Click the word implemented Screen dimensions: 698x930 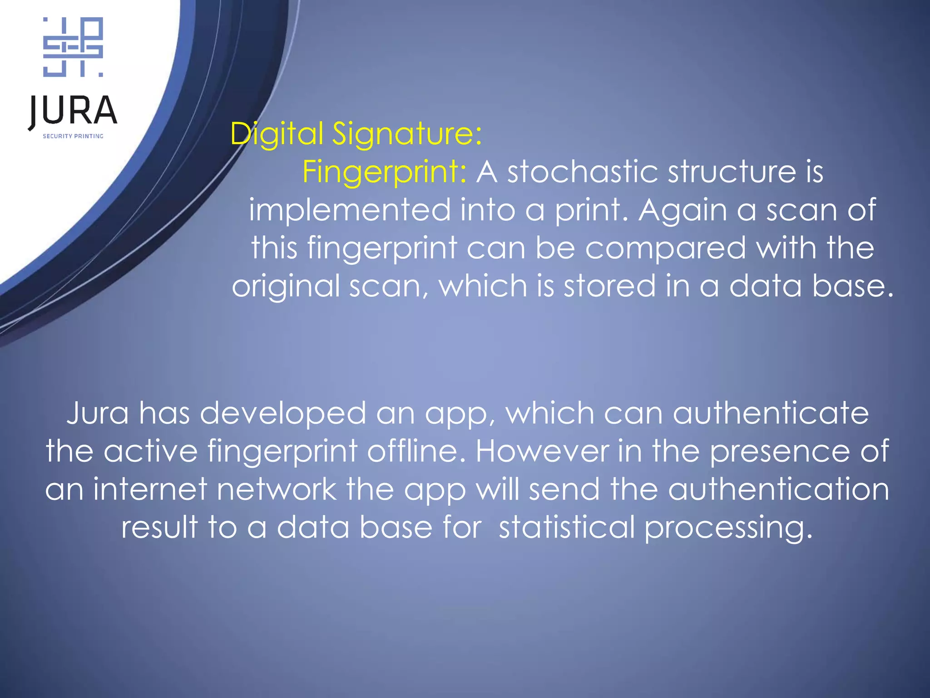350,210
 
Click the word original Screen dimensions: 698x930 285,286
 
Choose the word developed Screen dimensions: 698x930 283,413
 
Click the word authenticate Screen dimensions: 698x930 771,413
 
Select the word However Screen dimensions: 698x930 542,451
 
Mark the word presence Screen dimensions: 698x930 779,451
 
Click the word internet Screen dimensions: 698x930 149,489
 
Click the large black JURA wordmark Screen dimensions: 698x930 73,111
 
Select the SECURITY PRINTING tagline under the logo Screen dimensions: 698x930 73,136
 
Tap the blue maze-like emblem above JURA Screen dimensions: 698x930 73,47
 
